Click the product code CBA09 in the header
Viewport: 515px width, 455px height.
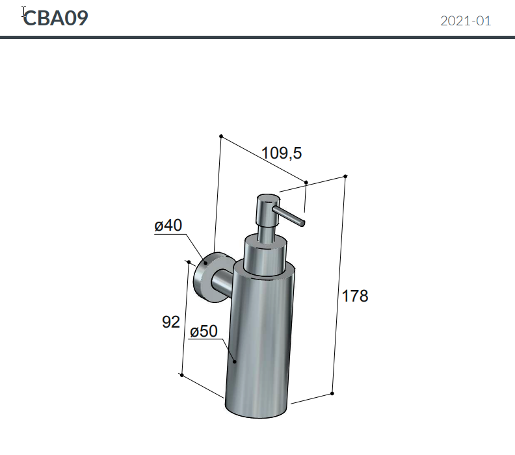55,18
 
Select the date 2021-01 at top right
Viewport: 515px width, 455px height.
466,21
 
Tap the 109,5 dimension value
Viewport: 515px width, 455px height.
282,153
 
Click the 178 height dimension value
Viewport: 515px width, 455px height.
355,296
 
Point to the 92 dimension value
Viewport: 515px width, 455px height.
170,322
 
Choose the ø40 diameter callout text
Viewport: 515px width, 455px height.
168,226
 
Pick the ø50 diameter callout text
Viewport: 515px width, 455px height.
204,331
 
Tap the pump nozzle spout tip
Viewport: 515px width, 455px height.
301,222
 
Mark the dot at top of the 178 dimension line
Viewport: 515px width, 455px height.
345,176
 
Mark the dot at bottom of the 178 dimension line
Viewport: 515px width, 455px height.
332,393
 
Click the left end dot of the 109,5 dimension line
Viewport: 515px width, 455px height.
221,136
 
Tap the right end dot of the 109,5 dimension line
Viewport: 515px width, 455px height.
306,183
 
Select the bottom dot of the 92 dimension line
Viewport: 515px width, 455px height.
181,375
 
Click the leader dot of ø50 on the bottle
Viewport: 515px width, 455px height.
235,359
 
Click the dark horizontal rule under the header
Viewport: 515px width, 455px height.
257,38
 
